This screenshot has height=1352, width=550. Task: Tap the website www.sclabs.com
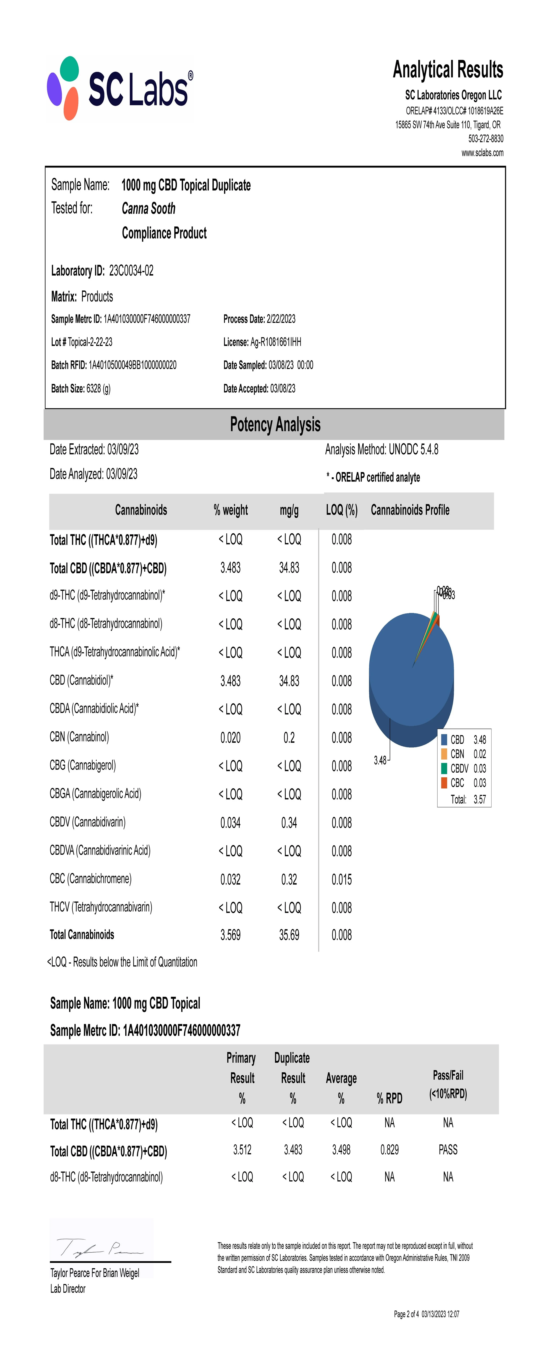coord(482,153)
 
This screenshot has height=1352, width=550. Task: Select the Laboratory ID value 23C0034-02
coord(131,271)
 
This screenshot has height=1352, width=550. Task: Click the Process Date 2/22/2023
coord(281,319)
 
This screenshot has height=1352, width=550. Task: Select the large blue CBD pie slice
coord(404,677)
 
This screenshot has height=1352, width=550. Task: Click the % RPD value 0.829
coord(389,1150)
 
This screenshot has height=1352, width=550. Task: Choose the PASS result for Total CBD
coord(448,1150)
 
